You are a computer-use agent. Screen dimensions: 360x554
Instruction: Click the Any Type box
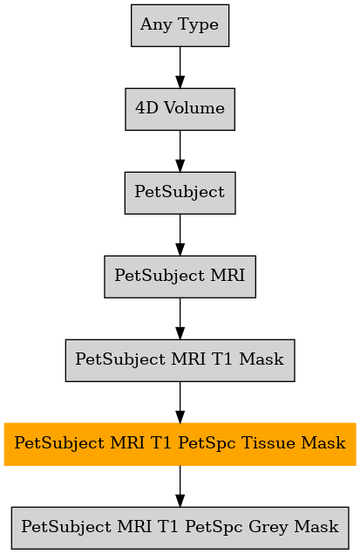(180, 25)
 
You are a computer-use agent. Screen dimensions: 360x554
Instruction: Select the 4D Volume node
(180, 109)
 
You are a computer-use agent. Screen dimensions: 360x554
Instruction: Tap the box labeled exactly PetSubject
(180, 193)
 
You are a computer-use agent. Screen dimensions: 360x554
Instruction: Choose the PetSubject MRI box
(180, 277)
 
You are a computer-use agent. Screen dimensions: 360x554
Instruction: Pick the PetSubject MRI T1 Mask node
(180, 360)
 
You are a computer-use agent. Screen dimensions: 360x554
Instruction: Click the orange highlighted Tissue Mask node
(180, 444)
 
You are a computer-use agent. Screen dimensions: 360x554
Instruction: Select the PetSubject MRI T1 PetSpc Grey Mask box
(180, 528)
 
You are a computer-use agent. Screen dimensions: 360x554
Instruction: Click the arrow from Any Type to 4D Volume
(180, 67)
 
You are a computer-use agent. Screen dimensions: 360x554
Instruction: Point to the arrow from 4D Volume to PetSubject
(180, 151)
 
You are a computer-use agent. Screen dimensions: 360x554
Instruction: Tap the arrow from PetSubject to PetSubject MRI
(180, 235)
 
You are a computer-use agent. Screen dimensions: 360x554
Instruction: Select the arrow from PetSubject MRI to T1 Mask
(180, 318)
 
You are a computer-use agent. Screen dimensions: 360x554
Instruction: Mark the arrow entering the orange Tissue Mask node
(180, 402)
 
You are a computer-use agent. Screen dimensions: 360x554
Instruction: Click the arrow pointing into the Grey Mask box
(180, 486)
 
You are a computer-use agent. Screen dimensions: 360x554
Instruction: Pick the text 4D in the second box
(146, 108)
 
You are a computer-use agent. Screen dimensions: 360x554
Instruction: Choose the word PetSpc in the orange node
(207, 443)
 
